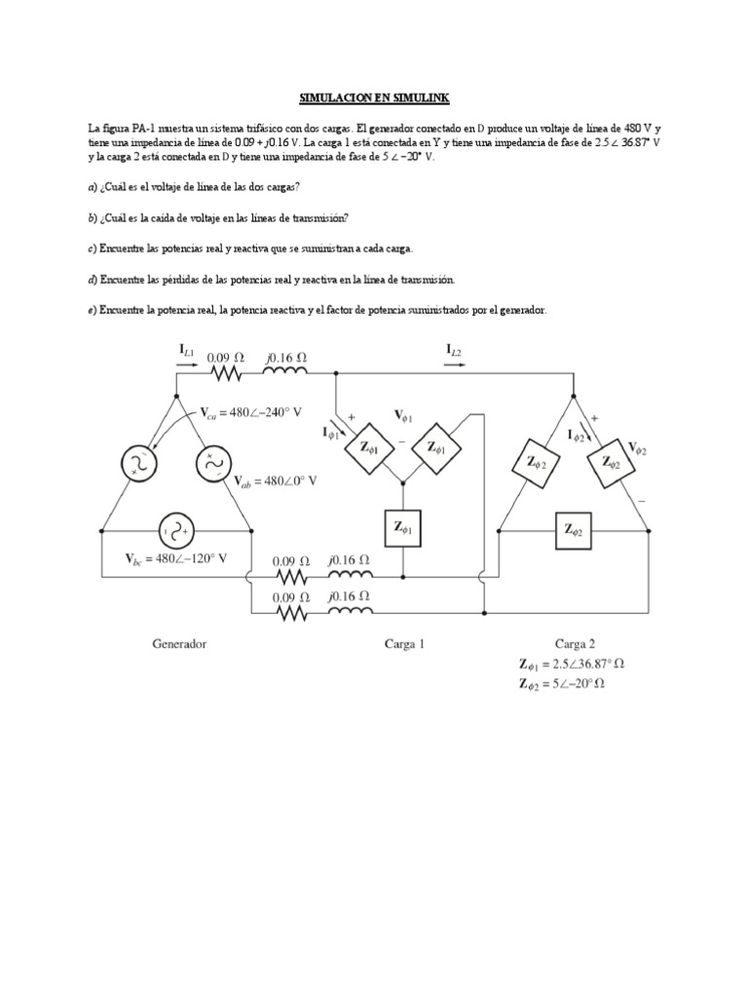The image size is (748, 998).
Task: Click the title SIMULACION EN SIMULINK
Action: (x=373, y=99)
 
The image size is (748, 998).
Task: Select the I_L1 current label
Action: (x=187, y=349)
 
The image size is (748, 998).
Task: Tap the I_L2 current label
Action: (x=455, y=349)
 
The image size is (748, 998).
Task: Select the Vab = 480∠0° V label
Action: (x=277, y=480)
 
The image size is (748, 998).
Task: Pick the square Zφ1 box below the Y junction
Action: (x=402, y=527)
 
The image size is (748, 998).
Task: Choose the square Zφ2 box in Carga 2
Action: (x=573, y=531)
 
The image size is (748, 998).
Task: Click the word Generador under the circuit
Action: (x=179, y=643)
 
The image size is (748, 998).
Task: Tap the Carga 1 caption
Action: (x=404, y=643)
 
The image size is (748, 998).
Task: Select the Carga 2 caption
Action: (x=575, y=643)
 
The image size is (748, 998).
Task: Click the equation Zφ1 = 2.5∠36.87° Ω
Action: (x=572, y=665)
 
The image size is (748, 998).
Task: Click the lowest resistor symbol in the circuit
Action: (x=290, y=613)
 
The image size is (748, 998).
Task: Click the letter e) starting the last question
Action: (x=92, y=310)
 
